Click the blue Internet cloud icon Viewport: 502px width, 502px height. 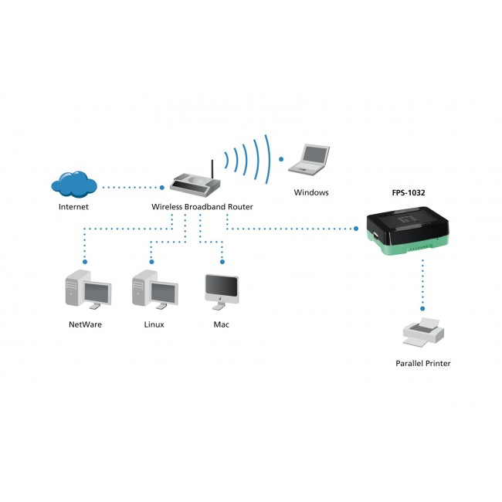point(74,185)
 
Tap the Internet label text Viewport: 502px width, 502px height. point(73,207)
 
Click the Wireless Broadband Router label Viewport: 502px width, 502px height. point(202,207)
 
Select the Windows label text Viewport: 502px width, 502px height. point(311,192)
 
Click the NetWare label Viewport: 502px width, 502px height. point(85,324)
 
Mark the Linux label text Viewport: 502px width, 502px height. point(154,324)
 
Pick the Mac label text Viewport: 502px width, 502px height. point(221,324)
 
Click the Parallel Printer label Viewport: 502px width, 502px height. point(422,363)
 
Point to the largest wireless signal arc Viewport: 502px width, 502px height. point(267,159)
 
